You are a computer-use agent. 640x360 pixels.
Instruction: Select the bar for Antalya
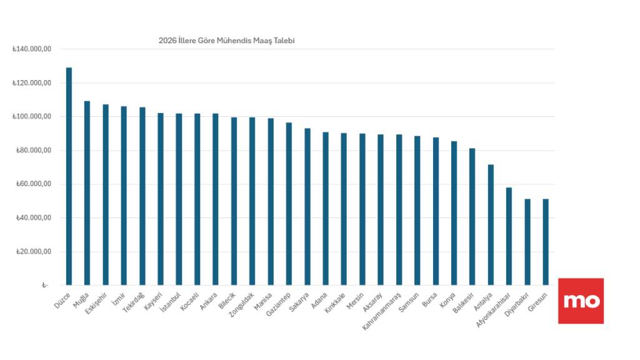coord(491,225)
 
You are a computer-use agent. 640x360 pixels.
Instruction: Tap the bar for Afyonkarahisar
coord(509,236)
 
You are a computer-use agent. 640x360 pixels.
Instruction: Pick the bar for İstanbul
coord(179,199)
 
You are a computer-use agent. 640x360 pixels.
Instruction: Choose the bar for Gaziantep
coord(289,204)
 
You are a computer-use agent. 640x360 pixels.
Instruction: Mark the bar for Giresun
coord(546,242)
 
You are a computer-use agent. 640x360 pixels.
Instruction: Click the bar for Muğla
coord(87,193)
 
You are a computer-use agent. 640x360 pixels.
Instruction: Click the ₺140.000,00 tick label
coord(31,49)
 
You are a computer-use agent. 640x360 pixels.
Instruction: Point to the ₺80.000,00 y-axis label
coord(33,151)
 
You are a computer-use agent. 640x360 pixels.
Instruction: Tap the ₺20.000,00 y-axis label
coord(33,252)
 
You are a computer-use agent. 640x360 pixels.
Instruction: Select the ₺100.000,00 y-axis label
coord(31,117)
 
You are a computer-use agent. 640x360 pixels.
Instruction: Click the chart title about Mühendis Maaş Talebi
coord(226,41)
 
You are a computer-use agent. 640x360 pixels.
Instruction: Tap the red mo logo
coord(581,301)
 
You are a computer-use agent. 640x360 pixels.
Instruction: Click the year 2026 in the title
coord(167,41)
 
